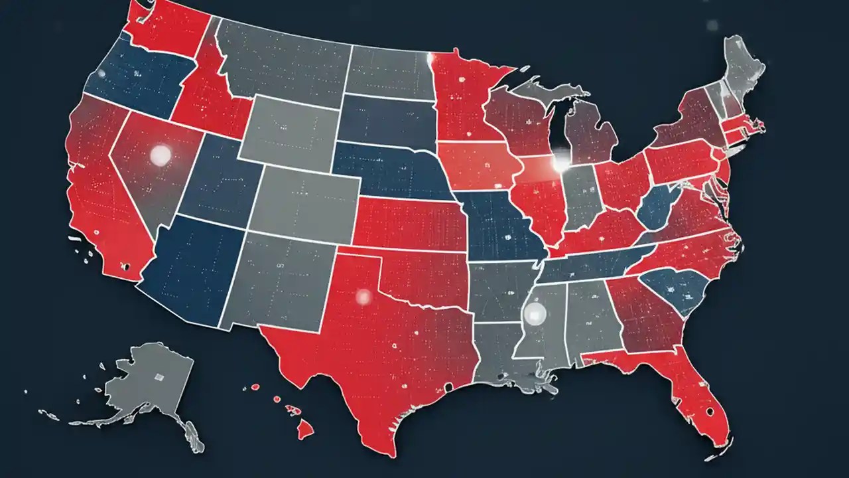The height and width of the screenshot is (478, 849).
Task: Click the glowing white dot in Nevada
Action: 161,155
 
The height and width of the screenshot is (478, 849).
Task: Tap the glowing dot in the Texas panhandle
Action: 363,295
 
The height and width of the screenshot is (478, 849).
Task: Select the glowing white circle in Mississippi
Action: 534,311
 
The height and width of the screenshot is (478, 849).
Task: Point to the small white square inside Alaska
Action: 159,376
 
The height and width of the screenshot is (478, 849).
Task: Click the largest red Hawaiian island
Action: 305,431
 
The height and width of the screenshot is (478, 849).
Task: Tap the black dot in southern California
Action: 124,267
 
